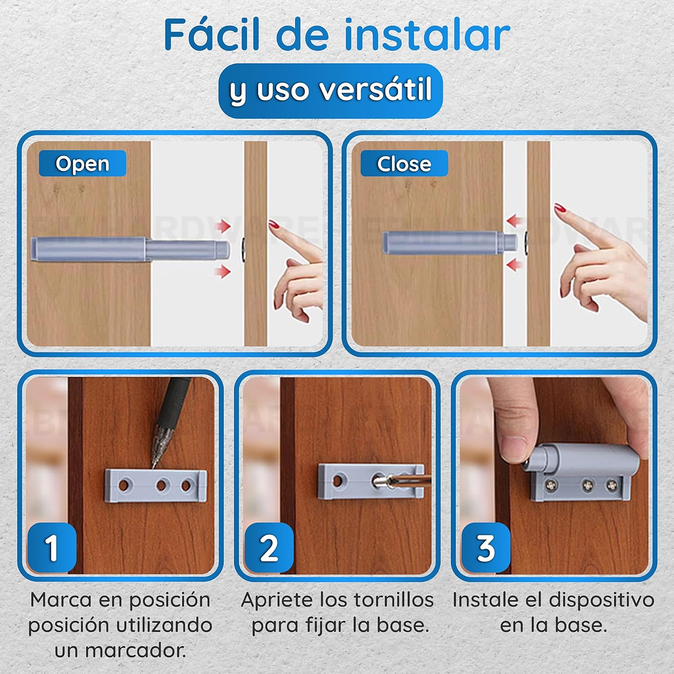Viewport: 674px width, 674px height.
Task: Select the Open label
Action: tap(82, 163)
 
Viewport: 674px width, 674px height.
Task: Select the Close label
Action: tap(404, 163)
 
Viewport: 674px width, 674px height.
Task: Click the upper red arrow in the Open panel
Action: tap(222, 226)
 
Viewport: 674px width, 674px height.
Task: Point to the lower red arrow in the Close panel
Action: tap(514, 264)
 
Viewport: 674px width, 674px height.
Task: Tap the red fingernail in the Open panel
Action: tap(274, 224)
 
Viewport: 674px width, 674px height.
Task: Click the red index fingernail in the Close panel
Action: tap(560, 209)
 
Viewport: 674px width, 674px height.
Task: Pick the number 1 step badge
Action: tap(52, 548)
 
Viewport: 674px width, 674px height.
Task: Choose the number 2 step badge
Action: tap(269, 548)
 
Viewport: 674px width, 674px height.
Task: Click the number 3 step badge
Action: tap(486, 548)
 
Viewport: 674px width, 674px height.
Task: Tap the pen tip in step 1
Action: tap(154, 465)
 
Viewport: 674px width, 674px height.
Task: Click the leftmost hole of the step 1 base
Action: tap(124, 485)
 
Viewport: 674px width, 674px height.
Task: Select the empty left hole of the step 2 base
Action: tap(339, 480)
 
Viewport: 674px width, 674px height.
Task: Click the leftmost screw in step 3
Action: tap(552, 486)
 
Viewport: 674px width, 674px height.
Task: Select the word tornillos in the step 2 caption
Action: tap(389, 600)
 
